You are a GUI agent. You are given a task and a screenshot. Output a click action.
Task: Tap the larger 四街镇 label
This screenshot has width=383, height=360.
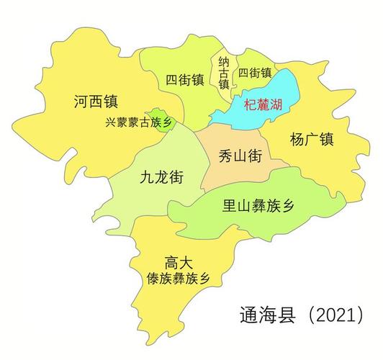(x=184, y=78)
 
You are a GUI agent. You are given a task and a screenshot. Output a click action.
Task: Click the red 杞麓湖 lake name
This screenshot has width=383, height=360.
(x=263, y=105)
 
